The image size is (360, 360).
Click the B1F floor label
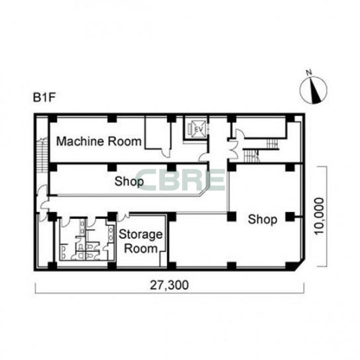pos(44,97)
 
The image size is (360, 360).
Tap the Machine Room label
pos(99,141)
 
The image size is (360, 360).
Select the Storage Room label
pos(140,242)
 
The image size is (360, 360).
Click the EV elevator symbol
pos(197,129)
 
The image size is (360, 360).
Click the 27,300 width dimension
pos(169,285)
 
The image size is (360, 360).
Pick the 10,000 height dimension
pos(320,216)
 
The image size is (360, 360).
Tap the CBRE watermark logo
pos(181,180)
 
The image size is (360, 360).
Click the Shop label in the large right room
pos(263,220)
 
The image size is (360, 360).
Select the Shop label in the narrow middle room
pos(129,181)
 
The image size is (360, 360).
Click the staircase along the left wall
pos(42,154)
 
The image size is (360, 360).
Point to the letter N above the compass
pos(309,73)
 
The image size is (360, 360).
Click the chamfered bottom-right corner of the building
pos(300,265)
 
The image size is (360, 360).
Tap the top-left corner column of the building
pos(52,118)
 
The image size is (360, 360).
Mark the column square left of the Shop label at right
pos(232,216)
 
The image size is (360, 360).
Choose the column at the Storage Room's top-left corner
pos(112,216)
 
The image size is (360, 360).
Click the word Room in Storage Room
pos(141,249)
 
